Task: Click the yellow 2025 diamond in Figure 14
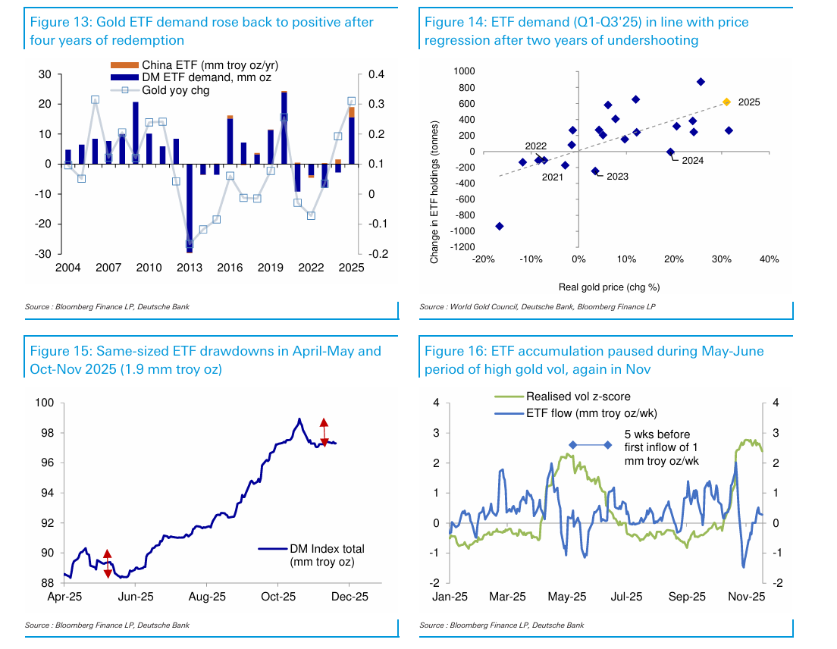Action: click(726, 102)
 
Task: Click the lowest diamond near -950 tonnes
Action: click(500, 227)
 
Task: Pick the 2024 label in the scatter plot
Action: click(692, 160)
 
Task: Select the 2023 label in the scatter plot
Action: click(617, 177)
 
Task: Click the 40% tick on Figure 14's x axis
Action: click(769, 259)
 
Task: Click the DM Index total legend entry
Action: click(326, 549)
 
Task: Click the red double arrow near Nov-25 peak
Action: click(324, 432)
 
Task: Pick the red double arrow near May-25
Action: click(108, 563)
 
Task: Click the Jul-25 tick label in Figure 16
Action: click(626, 597)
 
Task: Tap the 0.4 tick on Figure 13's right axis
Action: click(377, 74)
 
